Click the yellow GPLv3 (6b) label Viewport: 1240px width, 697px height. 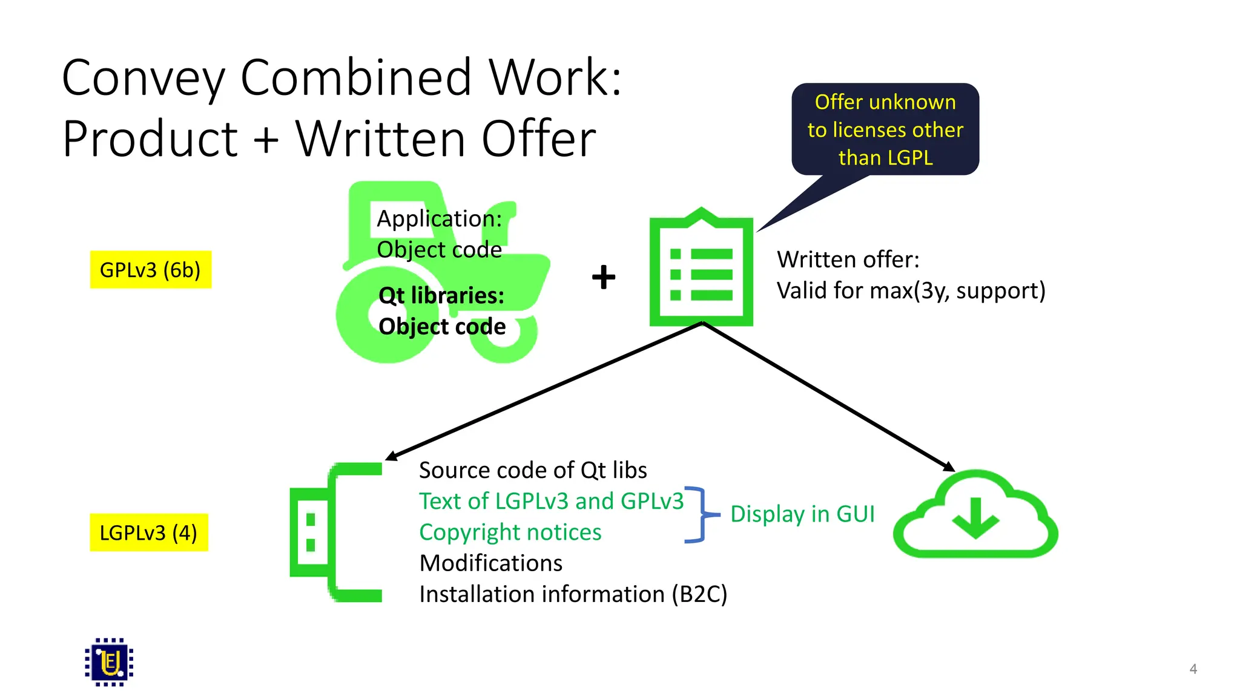coord(150,270)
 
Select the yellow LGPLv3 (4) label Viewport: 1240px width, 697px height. coord(148,532)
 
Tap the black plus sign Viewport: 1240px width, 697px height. coord(603,277)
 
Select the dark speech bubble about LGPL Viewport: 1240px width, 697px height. coord(885,129)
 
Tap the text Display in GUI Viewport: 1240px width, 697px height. coord(802,514)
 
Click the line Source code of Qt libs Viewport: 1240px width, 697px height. coord(533,470)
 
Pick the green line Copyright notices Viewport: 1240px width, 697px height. coord(510,532)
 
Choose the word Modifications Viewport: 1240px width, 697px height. coord(491,563)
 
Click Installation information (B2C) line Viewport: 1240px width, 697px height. coord(573,594)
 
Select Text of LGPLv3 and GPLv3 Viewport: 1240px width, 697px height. coord(551,501)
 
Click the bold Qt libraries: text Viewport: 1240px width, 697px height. coord(441,296)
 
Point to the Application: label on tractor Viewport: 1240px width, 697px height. coord(439,219)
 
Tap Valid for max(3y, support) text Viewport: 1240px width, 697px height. coord(911,291)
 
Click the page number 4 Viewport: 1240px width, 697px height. coord(1193,669)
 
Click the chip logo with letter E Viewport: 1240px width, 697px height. coord(109,662)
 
